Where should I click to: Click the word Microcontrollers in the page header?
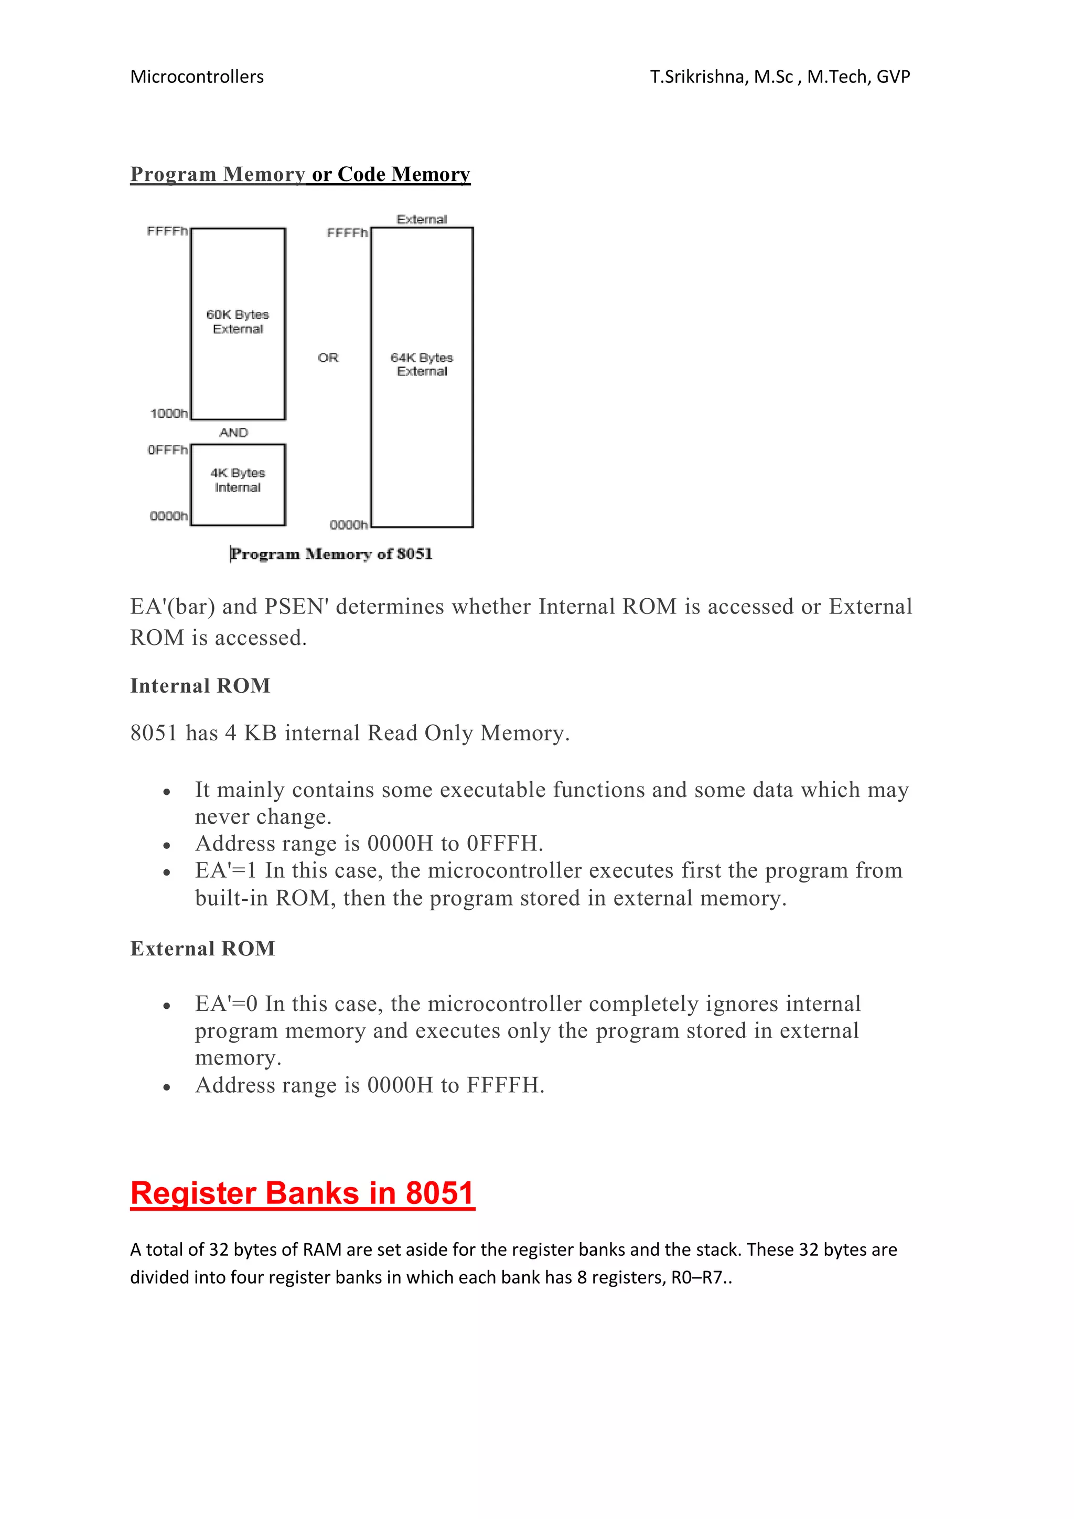pos(197,77)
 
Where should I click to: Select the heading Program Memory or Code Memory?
pos(300,174)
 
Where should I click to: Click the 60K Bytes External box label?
pos(238,321)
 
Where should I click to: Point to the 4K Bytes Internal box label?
pos(238,480)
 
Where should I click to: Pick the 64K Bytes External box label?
pos(422,364)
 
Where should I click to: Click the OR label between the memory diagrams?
pos(328,358)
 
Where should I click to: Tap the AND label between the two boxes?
pos(233,433)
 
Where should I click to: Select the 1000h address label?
pos(169,414)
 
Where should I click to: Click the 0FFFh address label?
pos(167,450)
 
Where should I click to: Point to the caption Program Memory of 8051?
pos(331,554)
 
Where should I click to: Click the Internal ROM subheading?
pos(200,686)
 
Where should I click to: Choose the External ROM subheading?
pos(202,949)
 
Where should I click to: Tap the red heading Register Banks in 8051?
pos(303,1193)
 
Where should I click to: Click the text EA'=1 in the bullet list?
pos(225,870)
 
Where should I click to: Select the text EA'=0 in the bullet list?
pos(225,1004)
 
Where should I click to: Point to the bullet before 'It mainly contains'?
pos(167,792)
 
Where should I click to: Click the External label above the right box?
pos(422,219)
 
